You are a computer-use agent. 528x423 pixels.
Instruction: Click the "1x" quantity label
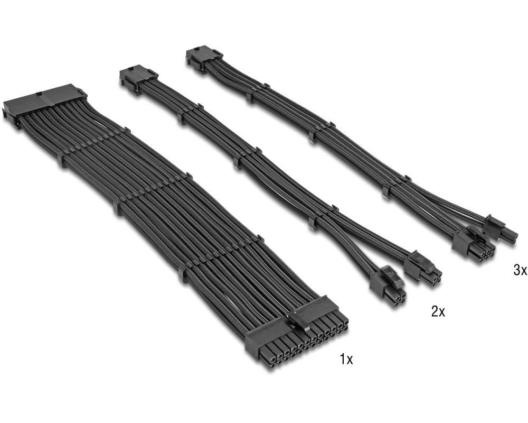coord(346,359)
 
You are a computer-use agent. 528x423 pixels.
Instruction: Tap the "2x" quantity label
coord(438,311)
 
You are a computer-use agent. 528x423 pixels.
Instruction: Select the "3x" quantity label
coord(521,270)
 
